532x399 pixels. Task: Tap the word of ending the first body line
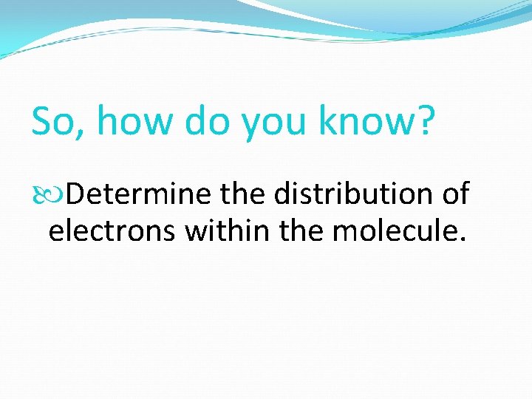coord(454,194)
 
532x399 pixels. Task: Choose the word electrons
coord(112,231)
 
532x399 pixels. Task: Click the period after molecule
coord(463,239)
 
